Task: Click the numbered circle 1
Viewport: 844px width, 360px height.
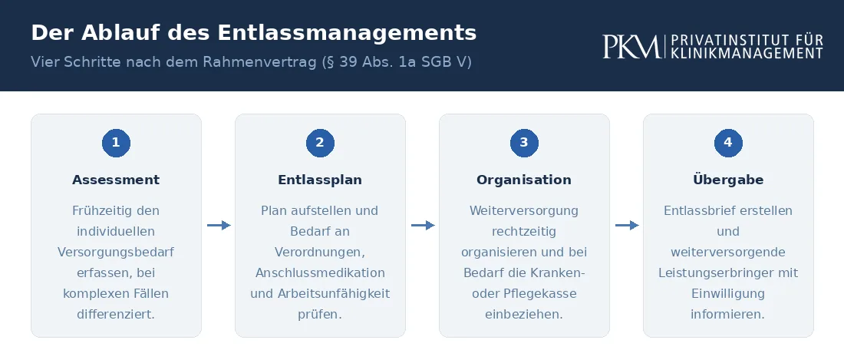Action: coord(117,143)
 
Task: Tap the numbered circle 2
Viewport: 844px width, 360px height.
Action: coord(320,143)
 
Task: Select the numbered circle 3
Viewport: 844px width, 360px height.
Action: coord(524,143)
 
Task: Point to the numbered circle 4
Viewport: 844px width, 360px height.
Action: coord(728,143)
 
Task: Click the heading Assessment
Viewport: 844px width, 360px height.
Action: coord(117,180)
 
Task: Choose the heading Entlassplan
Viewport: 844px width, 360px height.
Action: coord(320,180)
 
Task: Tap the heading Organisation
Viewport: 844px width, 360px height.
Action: coord(524,180)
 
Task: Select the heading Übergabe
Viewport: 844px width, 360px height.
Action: coord(728,179)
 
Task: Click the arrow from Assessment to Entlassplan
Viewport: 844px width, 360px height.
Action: coord(219,225)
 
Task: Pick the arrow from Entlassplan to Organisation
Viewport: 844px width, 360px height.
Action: coord(423,225)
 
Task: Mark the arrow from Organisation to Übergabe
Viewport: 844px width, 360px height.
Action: coord(627,225)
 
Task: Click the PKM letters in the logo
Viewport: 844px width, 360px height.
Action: coord(631,46)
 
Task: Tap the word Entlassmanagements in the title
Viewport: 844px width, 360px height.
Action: coord(347,33)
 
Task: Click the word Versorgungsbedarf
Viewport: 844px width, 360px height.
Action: coord(117,253)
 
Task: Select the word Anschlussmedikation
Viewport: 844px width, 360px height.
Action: coord(320,272)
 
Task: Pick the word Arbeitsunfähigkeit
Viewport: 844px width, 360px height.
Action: coord(334,294)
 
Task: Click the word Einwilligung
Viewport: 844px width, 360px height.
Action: coord(728,294)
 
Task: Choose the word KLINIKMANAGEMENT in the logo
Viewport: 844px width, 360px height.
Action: coord(747,53)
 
